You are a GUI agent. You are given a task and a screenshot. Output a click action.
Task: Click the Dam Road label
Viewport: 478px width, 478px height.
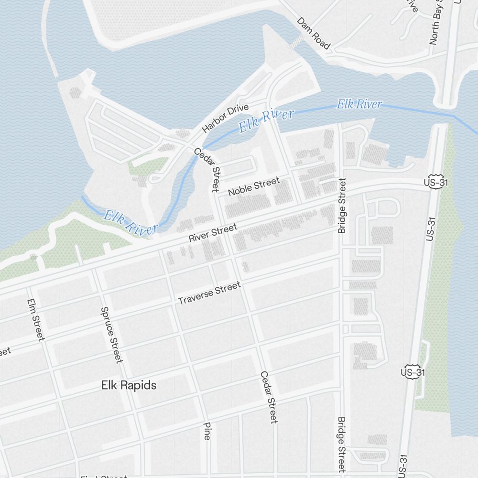313,33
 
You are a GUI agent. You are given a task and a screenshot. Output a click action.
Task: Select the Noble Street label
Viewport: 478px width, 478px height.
253,187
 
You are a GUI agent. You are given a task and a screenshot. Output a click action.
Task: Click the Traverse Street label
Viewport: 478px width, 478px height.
209,293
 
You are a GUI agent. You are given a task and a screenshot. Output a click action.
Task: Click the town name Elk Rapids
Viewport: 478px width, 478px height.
129,385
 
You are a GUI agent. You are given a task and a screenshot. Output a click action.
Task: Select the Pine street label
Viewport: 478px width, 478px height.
207,431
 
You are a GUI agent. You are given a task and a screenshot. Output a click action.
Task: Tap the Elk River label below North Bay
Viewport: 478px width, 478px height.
359,104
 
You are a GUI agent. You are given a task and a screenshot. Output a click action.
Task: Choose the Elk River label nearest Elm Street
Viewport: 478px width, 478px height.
130,222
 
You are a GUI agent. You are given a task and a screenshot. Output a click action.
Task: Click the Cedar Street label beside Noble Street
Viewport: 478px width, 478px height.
206,169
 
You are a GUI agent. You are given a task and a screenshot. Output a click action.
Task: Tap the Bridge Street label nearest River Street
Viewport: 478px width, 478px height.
342,206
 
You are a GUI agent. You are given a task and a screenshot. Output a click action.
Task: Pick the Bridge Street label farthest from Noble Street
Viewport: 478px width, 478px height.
341,445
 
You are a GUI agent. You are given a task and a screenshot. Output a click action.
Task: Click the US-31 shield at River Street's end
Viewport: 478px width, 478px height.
431,182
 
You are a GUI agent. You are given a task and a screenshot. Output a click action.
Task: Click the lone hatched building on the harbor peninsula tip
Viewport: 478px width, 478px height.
76,92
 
